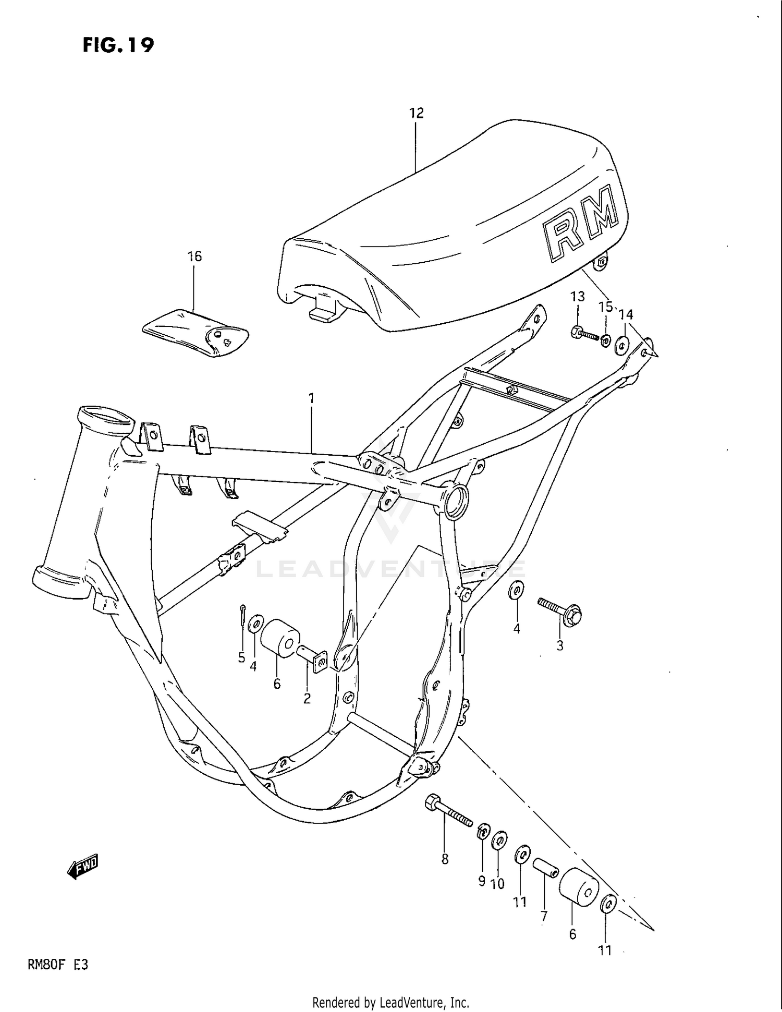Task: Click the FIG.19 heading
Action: point(118,45)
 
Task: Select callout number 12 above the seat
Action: point(417,113)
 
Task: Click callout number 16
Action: point(194,257)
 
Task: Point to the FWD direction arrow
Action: point(83,867)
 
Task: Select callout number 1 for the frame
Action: point(311,398)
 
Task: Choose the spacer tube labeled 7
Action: point(545,869)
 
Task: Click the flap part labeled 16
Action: point(195,332)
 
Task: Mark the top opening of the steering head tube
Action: point(106,417)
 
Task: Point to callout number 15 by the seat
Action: point(605,307)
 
